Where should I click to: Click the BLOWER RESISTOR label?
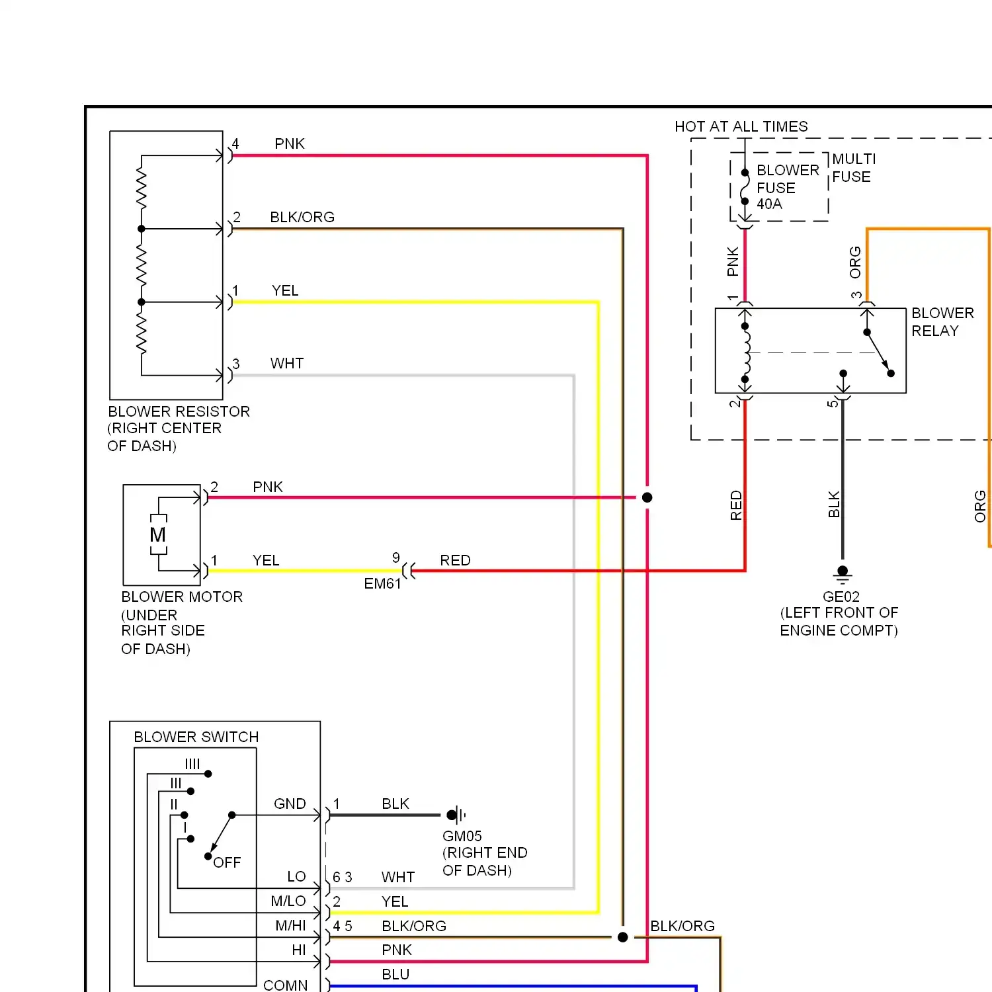pos(179,411)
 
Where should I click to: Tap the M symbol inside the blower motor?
pos(158,534)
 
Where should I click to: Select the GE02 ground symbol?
pos(843,573)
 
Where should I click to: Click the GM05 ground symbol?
pos(456,815)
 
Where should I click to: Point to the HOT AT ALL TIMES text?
pos(741,126)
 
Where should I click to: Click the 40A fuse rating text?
pos(769,204)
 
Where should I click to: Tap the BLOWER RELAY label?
pos(942,321)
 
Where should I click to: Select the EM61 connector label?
pos(382,583)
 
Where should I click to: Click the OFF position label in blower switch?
pos(227,862)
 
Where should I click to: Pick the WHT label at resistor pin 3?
pos(287,363)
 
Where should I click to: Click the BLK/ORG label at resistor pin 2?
pos(302,217)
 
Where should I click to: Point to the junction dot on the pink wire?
pos(647,497)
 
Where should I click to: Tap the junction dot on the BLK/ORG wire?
pos(622,937)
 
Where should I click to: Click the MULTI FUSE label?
pos(853,168)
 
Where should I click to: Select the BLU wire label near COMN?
pos(395,974)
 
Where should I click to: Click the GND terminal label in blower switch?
pos(290,804)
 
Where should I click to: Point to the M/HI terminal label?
pos(290,926)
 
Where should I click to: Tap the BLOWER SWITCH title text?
pos(196,737)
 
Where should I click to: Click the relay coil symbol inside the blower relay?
pos(746,352)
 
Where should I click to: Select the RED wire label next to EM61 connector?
pos(455,560)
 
